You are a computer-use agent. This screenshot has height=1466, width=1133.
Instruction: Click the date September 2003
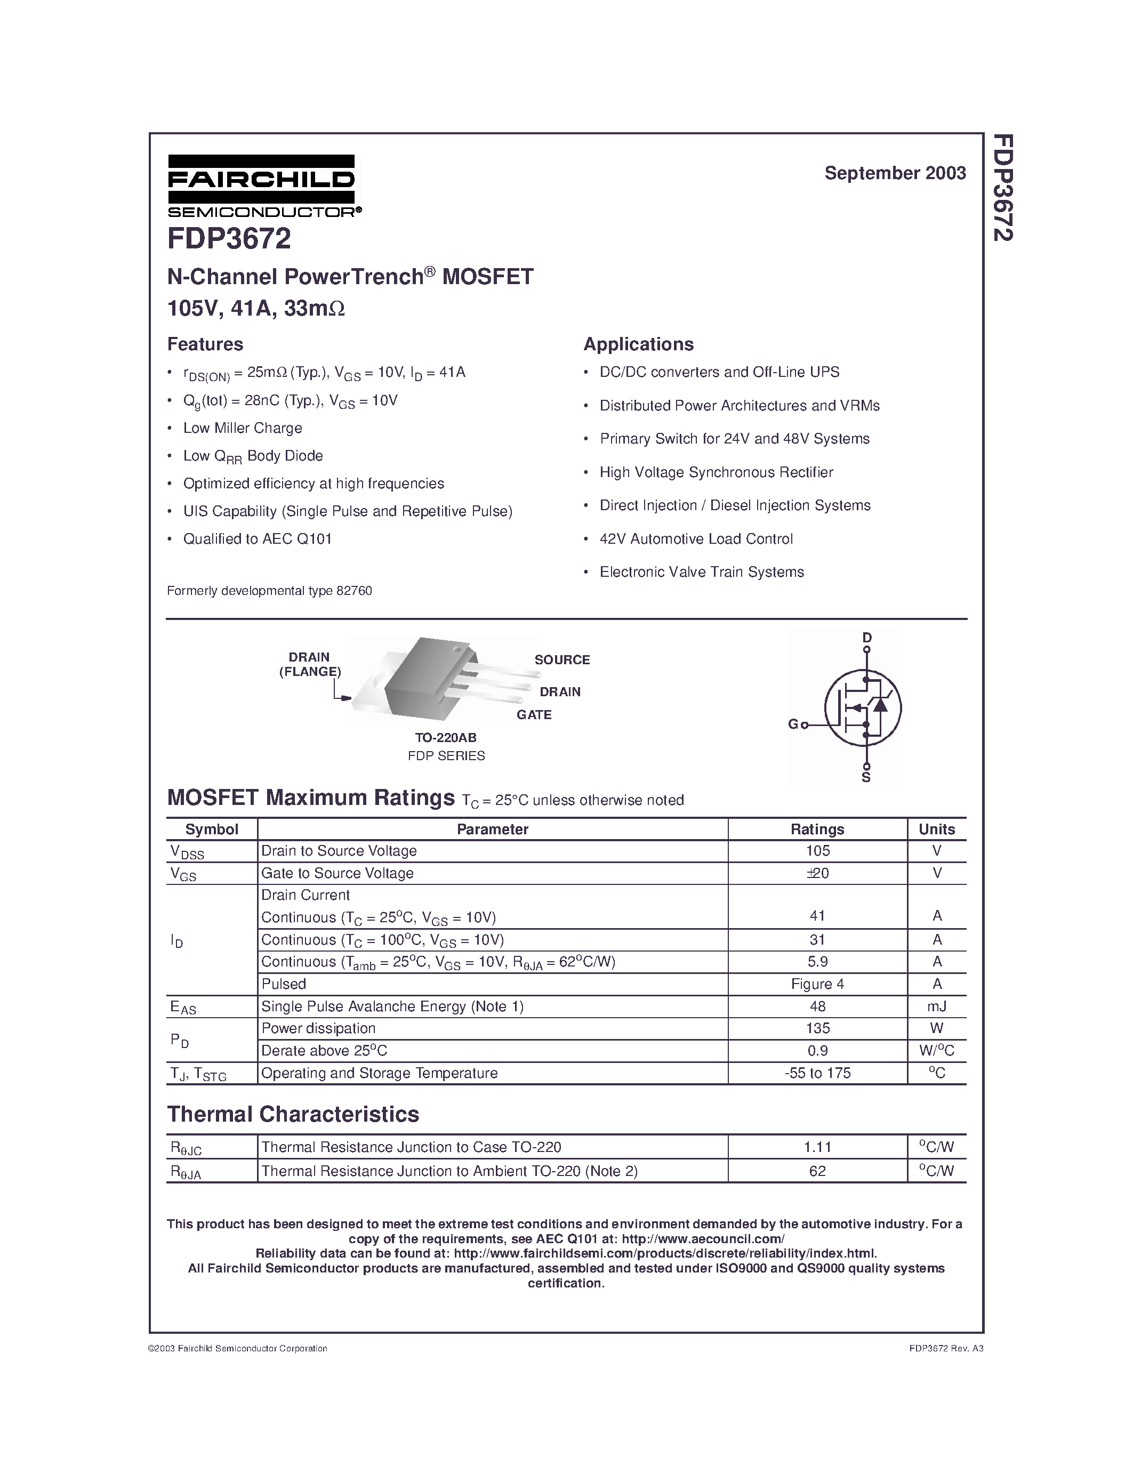click(x=895, y=173)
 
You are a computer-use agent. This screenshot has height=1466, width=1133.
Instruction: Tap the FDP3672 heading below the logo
click(x=229, y=239)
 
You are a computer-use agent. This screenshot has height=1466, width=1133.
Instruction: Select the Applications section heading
click(x=638, y=344)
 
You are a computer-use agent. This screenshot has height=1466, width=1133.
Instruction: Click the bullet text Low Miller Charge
click(x=242, y=428)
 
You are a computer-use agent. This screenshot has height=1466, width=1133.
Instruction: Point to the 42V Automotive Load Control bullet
click(x=696, y=539)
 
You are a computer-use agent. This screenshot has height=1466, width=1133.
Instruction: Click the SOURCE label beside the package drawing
click(x=562, y=660)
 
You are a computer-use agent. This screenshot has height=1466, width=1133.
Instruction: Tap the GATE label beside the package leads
click(x=534, y=715)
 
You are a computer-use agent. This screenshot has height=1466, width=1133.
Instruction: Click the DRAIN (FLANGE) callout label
click(x=309, y=665)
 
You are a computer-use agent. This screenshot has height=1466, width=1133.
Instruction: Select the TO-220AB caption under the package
click(x=446, y=737)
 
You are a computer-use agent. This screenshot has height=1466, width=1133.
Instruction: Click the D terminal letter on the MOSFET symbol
click(x=866, y=638)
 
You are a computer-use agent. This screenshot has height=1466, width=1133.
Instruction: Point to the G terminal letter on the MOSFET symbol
click(x=793, y=724)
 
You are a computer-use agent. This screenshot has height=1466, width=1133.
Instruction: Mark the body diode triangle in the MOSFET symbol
click(x=880, y=705)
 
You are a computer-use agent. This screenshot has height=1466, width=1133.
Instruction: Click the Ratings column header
click(x=817, y=829)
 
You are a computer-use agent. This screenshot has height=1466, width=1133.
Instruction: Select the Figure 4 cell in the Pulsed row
click(x=817, y=984)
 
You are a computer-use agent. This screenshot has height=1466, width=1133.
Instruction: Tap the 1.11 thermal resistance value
click(x=817, y=1147)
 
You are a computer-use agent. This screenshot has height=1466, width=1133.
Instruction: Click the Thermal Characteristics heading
click(x=293, y=1114)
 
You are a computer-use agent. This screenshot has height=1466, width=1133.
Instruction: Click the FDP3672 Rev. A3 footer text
click(x=946, y=1348)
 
